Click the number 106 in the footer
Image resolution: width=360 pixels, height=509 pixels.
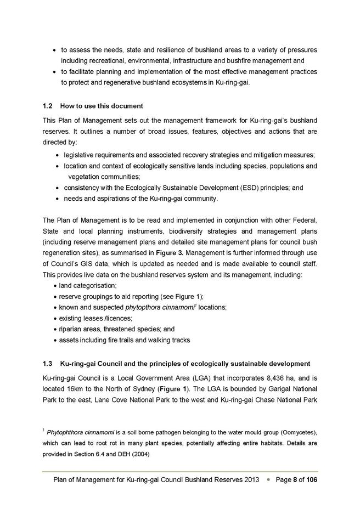point(310,480)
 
